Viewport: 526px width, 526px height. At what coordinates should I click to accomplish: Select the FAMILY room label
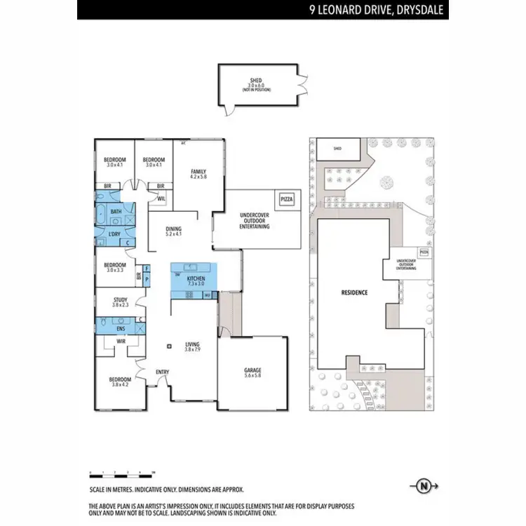[198, 171]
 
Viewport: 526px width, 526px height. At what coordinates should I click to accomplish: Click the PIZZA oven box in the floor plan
[287, 200]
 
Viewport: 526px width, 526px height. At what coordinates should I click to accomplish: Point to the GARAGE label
[252, 370]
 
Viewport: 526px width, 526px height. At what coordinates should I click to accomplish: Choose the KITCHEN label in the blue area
[195, 278]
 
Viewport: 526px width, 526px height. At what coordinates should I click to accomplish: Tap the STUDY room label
[121, 300]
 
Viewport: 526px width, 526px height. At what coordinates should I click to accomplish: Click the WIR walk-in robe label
[120, 342]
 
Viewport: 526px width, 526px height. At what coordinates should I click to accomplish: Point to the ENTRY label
[162, 372]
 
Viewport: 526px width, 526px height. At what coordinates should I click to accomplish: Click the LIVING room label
[192, 344]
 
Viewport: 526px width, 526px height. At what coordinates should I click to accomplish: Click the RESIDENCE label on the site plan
[354, 292]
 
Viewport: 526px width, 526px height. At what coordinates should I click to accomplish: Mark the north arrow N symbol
[423, 485]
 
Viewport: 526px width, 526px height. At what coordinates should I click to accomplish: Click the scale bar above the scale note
[122, 471]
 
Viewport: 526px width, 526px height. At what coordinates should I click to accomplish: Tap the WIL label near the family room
[161, 198]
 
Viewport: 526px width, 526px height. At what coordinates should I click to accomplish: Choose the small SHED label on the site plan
[337, 149]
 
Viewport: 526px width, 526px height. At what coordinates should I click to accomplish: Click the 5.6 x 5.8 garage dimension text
[252, 377]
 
